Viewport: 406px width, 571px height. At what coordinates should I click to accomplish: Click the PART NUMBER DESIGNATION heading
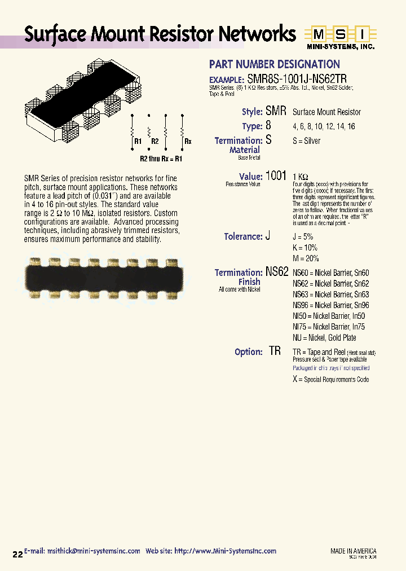[x=274, y=64]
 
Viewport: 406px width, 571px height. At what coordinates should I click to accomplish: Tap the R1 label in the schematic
[x=138, y=142]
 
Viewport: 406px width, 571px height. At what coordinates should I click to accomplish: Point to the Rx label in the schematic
[x=188, y=142]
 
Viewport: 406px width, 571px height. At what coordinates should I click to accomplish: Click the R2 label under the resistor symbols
[x=155, y=142]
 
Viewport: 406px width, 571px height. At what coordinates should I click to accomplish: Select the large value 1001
[x=276, y=175]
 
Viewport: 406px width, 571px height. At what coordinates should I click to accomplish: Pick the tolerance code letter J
[x=268, y=236]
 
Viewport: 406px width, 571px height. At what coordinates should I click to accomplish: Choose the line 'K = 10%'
[x=305, y=248]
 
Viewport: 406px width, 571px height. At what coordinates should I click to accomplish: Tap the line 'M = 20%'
[x=306, y=258]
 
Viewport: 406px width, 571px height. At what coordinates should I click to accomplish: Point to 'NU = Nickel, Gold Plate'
[x=324, y=337]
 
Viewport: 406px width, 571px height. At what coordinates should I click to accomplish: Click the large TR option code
[x=275, y=351]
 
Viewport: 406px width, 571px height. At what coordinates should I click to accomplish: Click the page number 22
[x=17, y=555]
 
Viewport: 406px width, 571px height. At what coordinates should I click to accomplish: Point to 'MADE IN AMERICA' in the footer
[x=353, y=551]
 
